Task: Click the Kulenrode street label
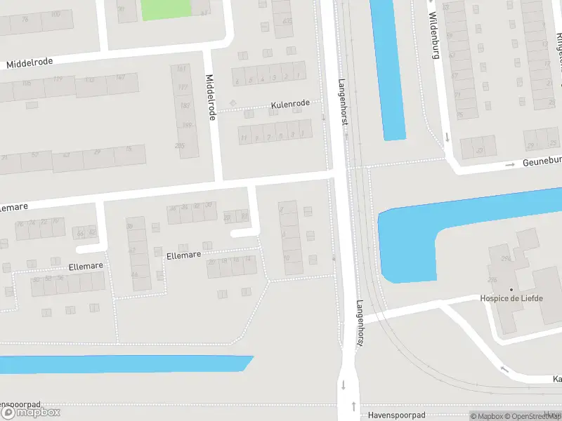pos(290,105)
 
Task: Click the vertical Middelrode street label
pos(209,97)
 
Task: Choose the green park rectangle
pos(166,8)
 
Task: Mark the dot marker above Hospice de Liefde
pos(511,289)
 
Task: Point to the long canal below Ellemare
pos(126,363)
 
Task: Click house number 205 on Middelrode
pos(179,146)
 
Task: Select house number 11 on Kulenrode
pos(244,138)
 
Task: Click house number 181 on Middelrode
pos(181,69)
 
